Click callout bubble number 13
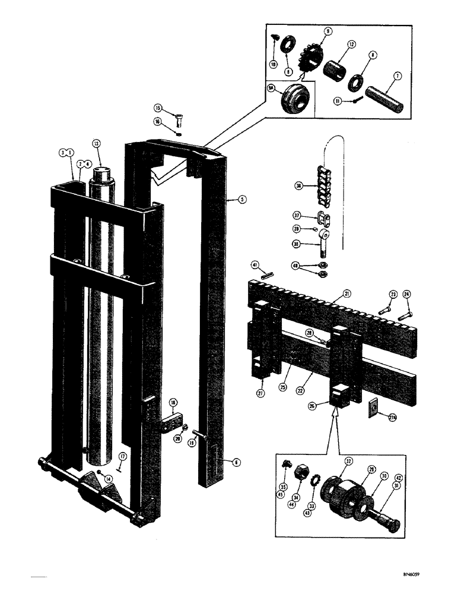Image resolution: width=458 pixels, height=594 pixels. click(97, 143)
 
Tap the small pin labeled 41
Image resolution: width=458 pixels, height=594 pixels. click(268, 274)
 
